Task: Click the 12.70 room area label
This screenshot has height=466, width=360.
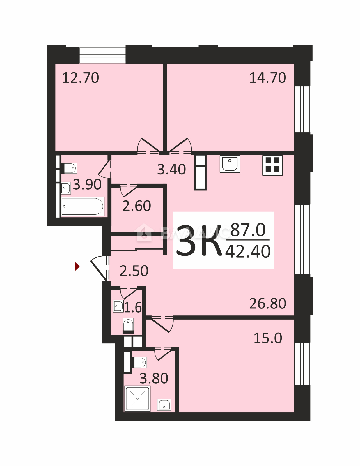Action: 81,78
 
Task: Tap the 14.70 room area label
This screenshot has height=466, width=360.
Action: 268,78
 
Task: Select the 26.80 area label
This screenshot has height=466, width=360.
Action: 268,303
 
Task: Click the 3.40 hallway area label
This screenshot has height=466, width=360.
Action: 171,169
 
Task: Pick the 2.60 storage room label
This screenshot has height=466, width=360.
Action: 137,206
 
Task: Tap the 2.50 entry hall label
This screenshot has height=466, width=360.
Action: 134,271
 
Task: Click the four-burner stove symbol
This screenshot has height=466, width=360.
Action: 272,165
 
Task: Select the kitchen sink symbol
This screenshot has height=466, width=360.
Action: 230,164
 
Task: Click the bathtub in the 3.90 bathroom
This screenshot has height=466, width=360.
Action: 83,206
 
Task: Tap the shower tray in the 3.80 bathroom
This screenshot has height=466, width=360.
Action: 137,399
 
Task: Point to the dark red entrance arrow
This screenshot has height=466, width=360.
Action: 77,266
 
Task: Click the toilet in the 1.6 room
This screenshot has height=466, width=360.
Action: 128,326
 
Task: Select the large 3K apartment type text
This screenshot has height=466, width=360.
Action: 198,241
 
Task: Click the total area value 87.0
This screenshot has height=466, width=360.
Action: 248,230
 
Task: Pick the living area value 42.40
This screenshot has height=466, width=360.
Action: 248,252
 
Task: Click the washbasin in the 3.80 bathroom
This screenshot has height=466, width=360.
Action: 164,405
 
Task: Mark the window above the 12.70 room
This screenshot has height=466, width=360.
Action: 102,55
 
